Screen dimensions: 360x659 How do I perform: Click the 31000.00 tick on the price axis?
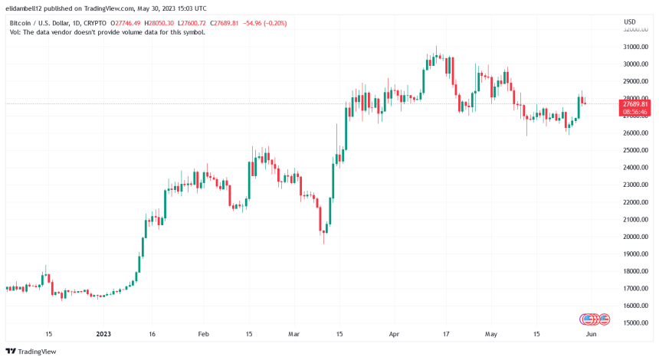635,47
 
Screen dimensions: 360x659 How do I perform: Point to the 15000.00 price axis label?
635,323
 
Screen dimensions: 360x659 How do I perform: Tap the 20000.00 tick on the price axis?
635,237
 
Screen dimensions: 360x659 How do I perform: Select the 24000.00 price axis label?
635,168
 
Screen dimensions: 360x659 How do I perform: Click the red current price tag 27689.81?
635,103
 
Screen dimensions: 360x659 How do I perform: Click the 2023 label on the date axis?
103,335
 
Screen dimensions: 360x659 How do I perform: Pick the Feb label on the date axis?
203,335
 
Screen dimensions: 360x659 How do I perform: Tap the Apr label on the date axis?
395,335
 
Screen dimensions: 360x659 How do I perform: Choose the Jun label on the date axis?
592,335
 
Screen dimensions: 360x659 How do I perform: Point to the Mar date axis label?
293,335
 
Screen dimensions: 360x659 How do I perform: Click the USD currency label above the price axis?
630,21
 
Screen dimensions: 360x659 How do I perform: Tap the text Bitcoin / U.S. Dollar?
39,22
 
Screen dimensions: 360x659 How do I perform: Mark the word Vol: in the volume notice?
17,33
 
